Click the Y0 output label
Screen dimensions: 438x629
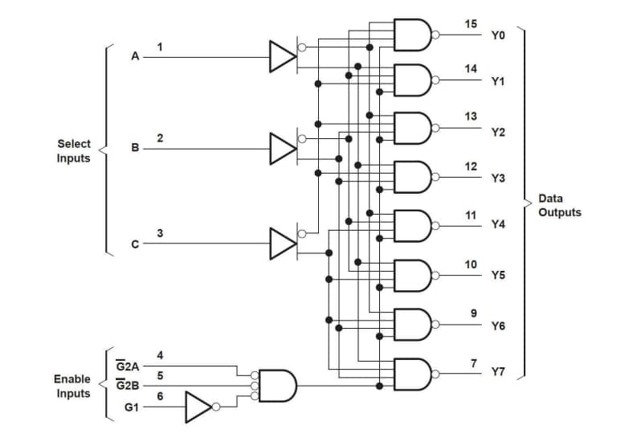pos(497,36)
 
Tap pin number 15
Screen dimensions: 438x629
pos(471,23)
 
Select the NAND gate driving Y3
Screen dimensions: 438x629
pos(413,177)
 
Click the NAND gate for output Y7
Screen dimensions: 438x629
pos(413,372)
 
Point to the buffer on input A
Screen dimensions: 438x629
pos(282,57)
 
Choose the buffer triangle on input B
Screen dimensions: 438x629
pos(282,148)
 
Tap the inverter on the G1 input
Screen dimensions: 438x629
pos(198,407)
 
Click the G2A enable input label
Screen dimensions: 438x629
pos(128,366)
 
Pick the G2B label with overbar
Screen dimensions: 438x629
pos(128,386)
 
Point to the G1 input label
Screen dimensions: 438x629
pos(131,407)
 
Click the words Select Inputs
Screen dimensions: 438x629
pos(73,151)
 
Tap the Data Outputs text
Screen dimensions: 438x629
pos(559,206)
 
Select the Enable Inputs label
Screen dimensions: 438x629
pos(72,386)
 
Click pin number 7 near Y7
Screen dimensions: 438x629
pos(474,363)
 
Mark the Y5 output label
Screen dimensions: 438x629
pos(497,276)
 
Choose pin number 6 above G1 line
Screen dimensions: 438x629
pos(160,396)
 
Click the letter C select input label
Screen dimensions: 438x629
pos(135,244)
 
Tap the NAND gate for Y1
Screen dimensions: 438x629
pos(413,80)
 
